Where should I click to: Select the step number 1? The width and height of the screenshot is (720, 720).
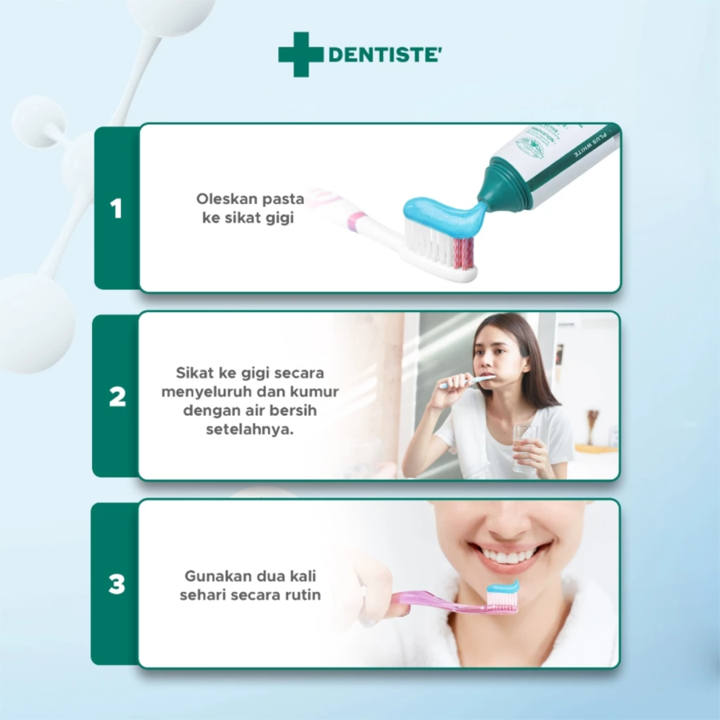click(x=117, y=209)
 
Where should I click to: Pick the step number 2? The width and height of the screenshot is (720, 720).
click(x=117, y=397)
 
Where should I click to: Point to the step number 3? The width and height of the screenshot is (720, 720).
click(x=117, y=585)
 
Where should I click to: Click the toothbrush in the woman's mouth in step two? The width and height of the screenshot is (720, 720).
click(x=469, y=382)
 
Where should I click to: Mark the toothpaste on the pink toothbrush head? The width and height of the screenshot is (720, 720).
click(x=502, y=589)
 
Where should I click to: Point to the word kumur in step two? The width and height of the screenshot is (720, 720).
click(x=314, y=392)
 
